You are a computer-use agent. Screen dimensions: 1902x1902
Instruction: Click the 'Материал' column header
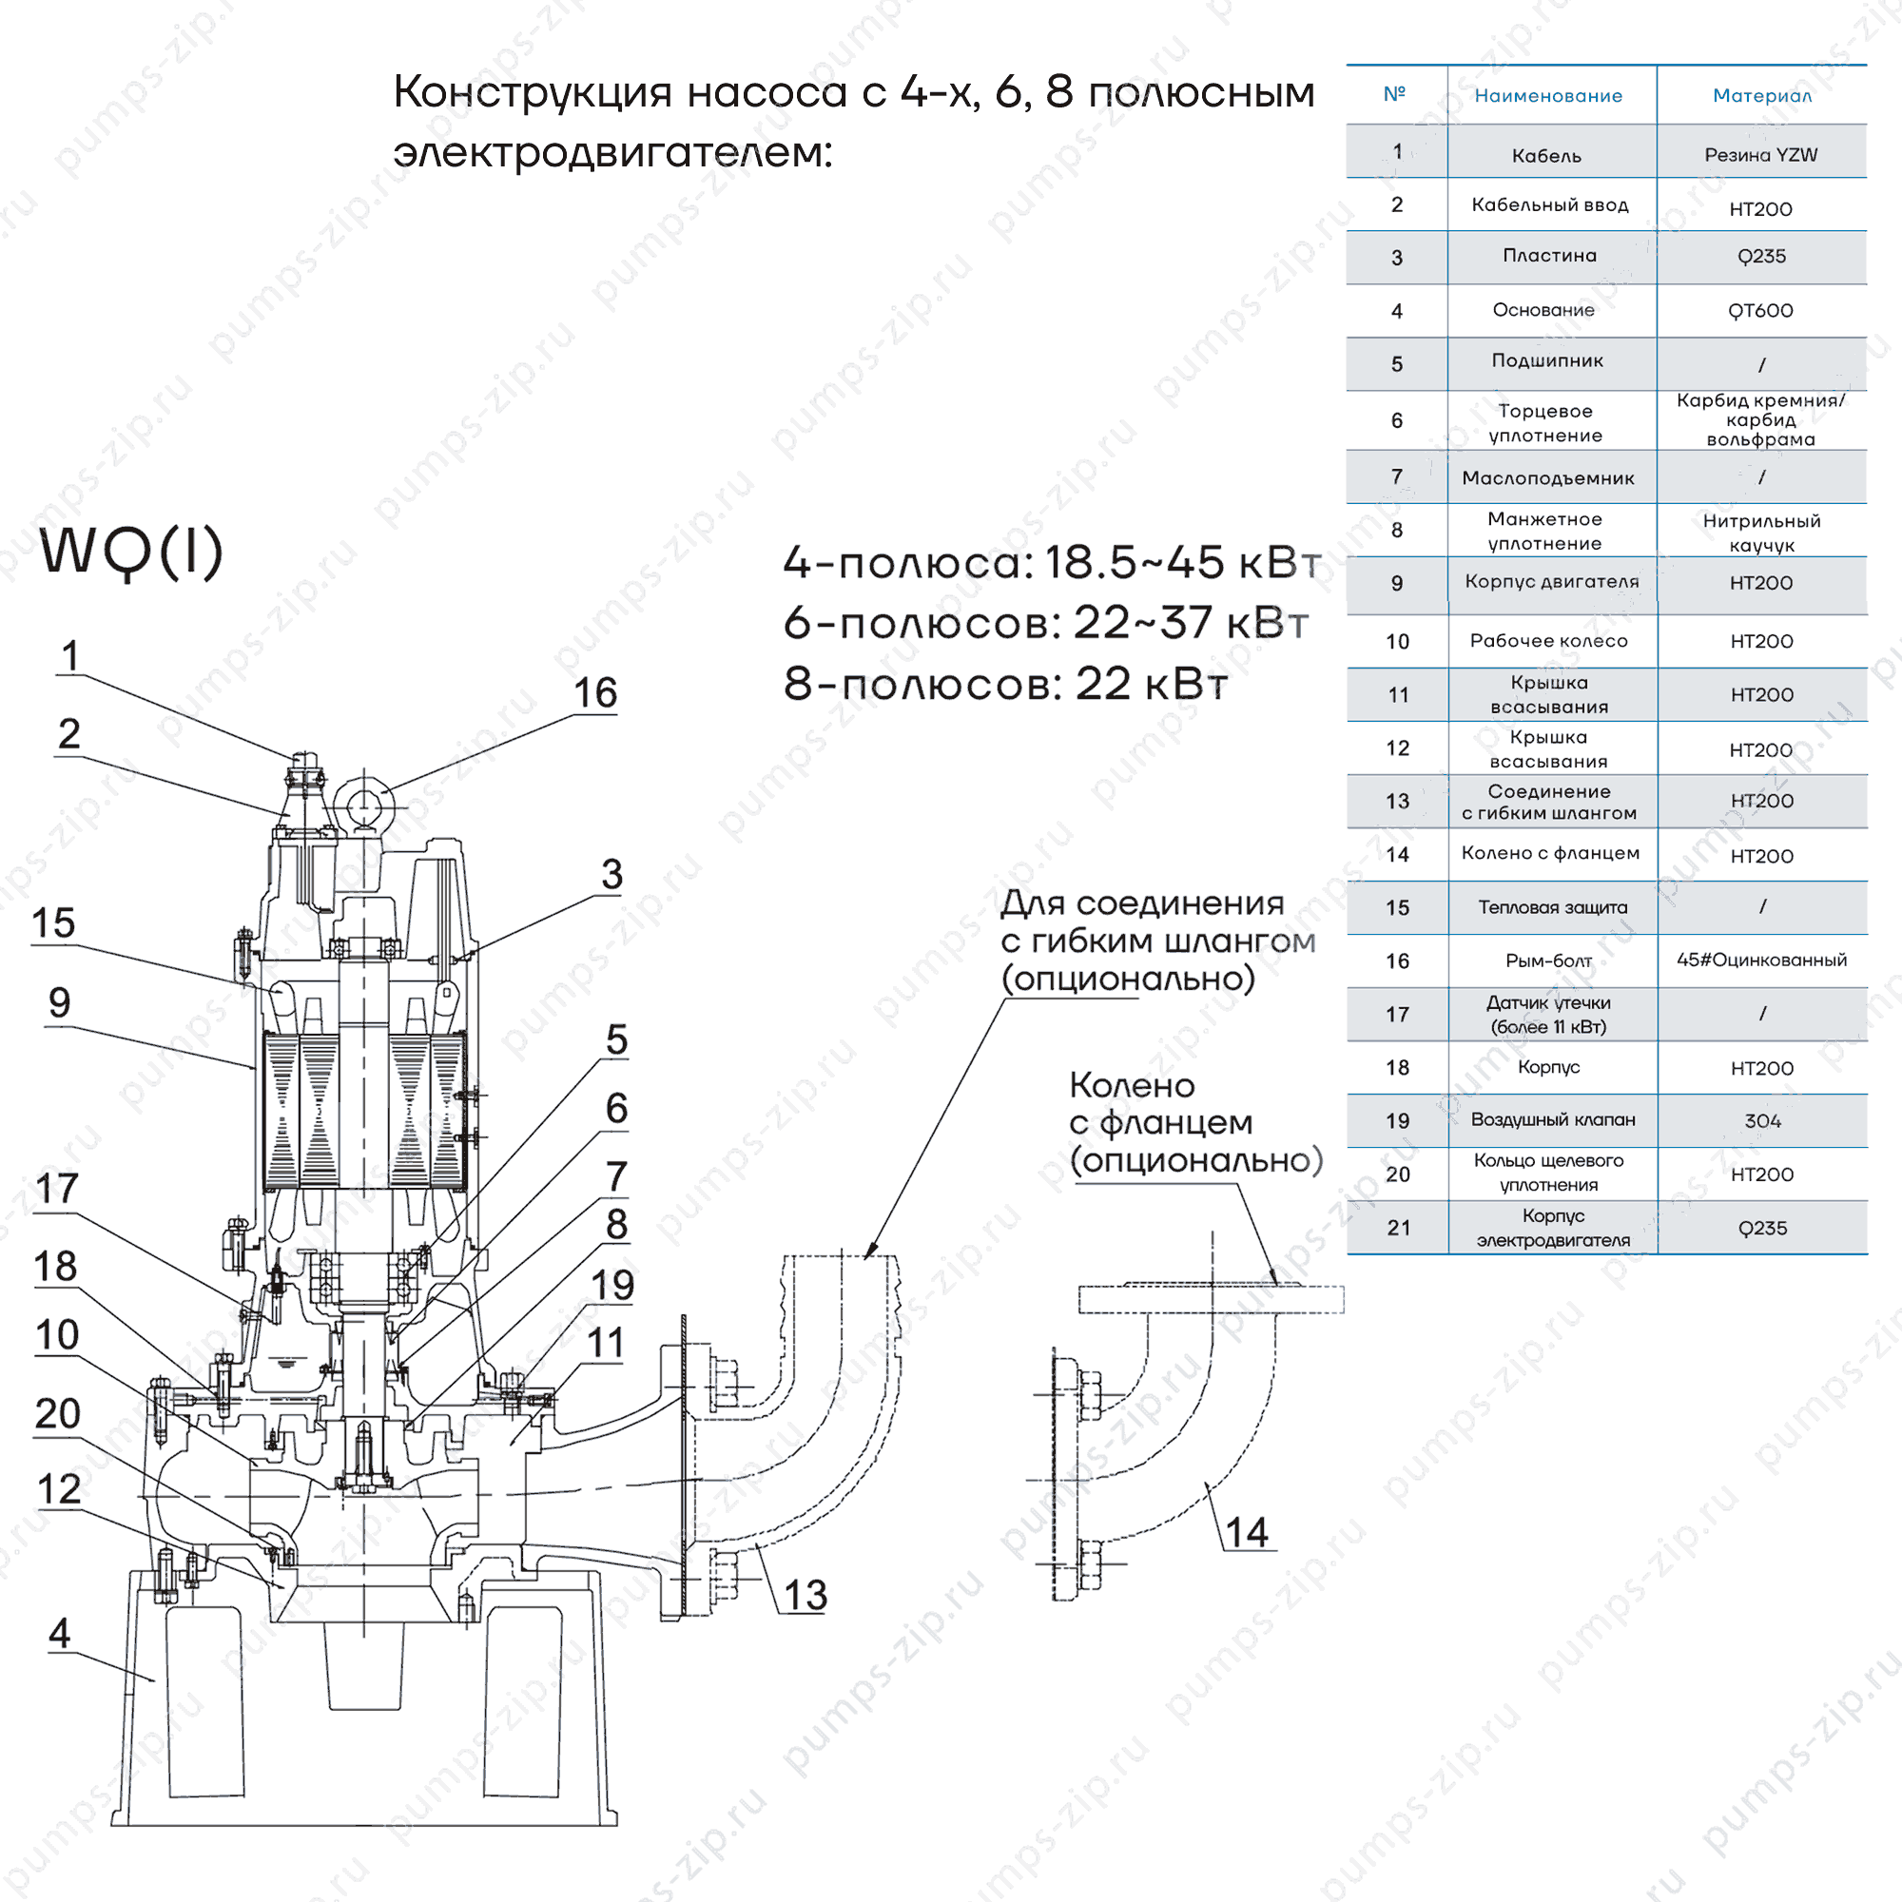tap(1761, 95)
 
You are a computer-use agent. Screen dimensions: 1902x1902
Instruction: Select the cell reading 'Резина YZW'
tap(1760, 155)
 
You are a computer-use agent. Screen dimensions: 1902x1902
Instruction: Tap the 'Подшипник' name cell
tap(1546, 360)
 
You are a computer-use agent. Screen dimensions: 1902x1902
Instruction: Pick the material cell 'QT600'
tap(1760, 311)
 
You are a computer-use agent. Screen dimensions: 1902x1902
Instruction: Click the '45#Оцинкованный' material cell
tap(1761, 960)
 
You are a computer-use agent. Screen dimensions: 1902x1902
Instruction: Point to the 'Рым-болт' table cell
tap(1547, 961)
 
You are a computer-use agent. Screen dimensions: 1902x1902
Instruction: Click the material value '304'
tap(1762, 1121)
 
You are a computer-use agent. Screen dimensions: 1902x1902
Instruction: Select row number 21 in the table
tap(1398, 1228)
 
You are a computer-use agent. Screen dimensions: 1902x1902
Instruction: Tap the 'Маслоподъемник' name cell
tap(1547, 478)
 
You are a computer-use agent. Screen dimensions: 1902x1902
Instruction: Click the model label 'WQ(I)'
tap(132, 553)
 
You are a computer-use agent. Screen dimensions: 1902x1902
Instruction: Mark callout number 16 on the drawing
tap(594, 693)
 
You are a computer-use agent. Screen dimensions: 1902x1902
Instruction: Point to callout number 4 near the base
tap(59, 1633)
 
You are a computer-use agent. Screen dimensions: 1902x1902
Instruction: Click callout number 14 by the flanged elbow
tap(1246, 1532)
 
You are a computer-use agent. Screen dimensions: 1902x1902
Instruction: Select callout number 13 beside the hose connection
tap(805, 1595)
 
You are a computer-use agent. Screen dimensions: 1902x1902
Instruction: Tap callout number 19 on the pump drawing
tap(611, 1285)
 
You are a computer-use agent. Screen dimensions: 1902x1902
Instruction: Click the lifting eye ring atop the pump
tap(364, 804)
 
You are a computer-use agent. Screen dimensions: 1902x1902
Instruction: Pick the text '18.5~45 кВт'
tap(1181, 563)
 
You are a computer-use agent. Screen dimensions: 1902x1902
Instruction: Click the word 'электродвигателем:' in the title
tap(612, 152)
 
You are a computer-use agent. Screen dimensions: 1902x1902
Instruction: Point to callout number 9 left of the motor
tap(59, 1002)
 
